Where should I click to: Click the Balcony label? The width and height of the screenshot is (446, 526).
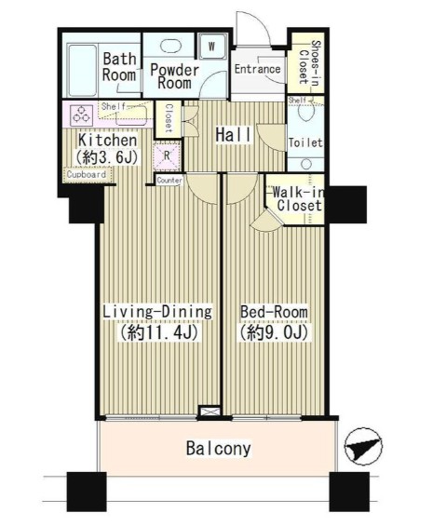219,449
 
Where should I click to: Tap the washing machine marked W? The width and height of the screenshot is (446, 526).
211,47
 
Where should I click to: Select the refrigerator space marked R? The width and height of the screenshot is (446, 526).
167,155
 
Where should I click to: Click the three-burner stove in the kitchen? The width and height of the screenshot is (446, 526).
82,115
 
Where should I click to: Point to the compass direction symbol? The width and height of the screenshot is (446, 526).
363,447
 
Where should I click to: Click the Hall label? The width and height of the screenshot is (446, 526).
233,135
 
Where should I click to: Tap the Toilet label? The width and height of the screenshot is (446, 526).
305,143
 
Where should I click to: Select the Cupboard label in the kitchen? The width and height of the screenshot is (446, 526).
87,174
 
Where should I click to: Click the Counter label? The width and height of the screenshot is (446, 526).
169,181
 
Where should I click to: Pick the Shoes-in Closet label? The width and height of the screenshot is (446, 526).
309,62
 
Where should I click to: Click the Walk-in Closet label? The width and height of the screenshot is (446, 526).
298,199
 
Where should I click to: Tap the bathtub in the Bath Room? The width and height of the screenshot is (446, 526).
83,70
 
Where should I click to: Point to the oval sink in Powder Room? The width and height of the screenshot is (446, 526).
169,46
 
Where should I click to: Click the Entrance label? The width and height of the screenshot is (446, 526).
257,69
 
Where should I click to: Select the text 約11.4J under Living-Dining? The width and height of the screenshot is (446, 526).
158,332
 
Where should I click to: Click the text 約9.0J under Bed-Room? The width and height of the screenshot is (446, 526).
273,332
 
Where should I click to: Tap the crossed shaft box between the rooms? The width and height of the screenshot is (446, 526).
209,411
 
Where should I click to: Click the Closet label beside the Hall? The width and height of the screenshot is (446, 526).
169,117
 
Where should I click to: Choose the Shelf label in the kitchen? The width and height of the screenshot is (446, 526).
114,106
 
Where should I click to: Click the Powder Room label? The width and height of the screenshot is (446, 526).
174,76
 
